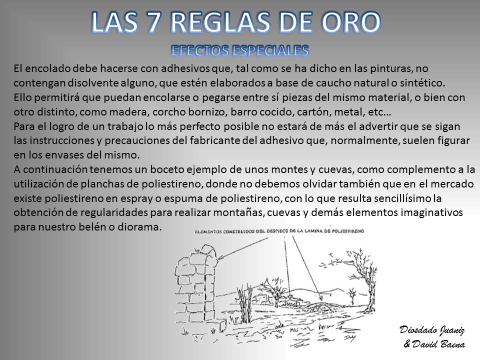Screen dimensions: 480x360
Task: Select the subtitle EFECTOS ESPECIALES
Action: click(240, 50)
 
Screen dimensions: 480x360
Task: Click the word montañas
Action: click(239, 213)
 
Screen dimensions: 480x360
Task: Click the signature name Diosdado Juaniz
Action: click(432, 330)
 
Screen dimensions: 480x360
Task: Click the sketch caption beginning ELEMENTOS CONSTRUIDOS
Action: click(279, 231)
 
